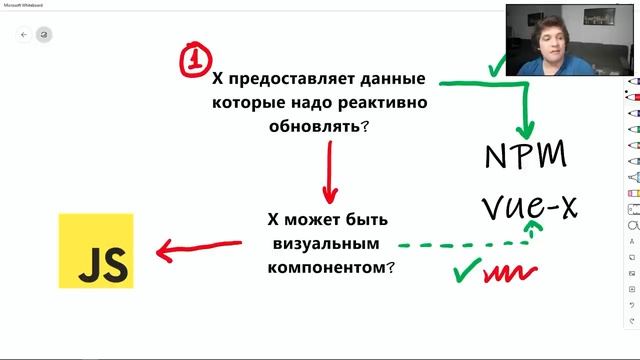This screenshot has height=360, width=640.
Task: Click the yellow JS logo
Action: click(x=96, y=249)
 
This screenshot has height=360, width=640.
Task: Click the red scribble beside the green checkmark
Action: click(x=511, y=271)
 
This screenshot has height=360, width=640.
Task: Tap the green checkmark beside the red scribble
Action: click(x=466, y=270)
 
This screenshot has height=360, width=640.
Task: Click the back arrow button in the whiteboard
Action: click(x=24, y=34)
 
